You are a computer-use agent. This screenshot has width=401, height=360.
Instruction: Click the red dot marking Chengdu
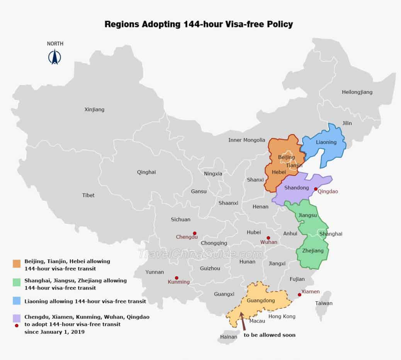click(195, 233)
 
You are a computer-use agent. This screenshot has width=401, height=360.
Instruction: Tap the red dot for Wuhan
click(268, 238)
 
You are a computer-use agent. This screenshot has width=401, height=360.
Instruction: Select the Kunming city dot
click(177, 278)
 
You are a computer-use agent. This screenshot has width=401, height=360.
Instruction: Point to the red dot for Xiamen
click(299, 295)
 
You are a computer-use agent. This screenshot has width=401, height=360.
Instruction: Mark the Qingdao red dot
click(316, 189)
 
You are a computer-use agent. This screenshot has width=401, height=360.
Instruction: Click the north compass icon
click(55, 57)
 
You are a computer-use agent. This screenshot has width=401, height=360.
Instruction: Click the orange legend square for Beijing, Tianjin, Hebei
click(17, 264)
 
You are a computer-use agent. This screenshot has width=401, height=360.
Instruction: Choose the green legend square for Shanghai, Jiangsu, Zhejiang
click(17, 283)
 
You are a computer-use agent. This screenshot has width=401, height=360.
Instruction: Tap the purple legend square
click(17, 318)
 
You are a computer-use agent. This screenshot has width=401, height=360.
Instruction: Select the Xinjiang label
click(94, 110)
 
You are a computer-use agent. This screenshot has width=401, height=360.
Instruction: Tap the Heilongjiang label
click(357, 92)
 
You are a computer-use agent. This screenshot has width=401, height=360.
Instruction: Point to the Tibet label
click(88, 195)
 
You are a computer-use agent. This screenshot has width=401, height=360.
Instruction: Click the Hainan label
click(229, 337)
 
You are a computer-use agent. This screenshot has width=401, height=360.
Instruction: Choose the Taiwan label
click(324, 303)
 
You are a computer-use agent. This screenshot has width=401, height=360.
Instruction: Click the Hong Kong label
click(282, 316)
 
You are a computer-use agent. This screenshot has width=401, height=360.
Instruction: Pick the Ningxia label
click(213, 174)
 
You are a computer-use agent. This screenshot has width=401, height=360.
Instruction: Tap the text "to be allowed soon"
click(269, 335)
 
